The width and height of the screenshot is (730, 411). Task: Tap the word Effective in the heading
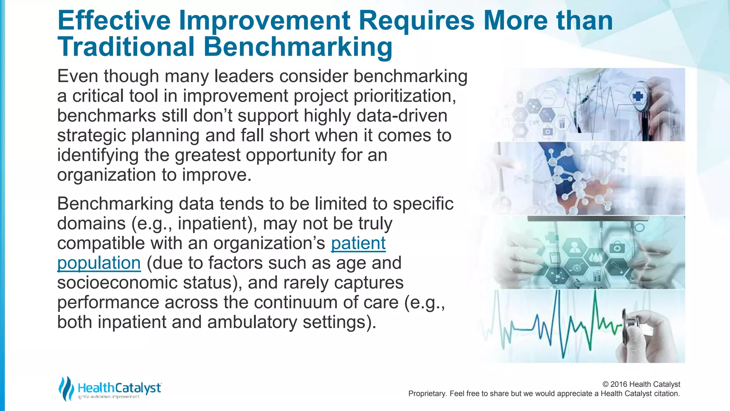[114, 20]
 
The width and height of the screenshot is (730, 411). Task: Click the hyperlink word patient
[358, 243]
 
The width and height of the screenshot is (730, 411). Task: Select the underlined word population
[99, 263]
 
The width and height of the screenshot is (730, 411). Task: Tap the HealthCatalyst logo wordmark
[119, 387]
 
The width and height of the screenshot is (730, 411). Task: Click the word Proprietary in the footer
[427, 394]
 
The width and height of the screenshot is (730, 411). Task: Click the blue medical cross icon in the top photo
[638, 96]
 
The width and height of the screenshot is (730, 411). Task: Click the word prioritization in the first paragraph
[405, 96]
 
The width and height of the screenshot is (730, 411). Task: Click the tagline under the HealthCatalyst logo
[109, 397]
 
